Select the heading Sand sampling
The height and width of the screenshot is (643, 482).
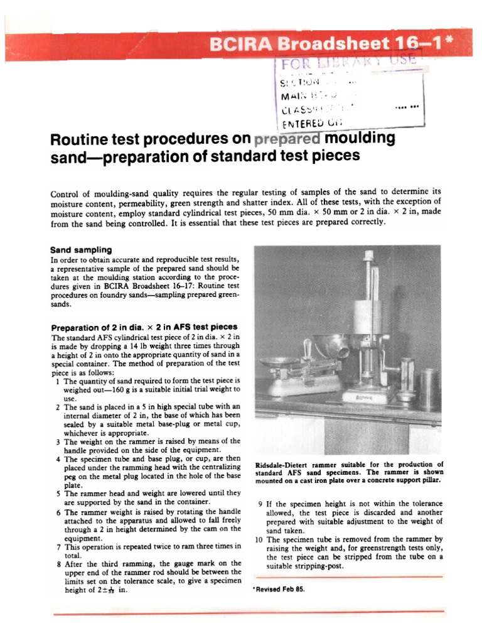[82, 249]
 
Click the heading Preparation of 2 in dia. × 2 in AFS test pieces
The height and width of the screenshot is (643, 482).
[144, 327]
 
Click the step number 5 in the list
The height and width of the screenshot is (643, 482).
[58, 494]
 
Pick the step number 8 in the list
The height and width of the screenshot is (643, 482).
[58, 563]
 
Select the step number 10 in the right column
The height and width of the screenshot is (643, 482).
[260, 539]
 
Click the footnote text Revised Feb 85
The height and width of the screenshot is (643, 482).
[280, 590]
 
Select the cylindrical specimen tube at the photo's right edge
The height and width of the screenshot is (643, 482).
[429, 389]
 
